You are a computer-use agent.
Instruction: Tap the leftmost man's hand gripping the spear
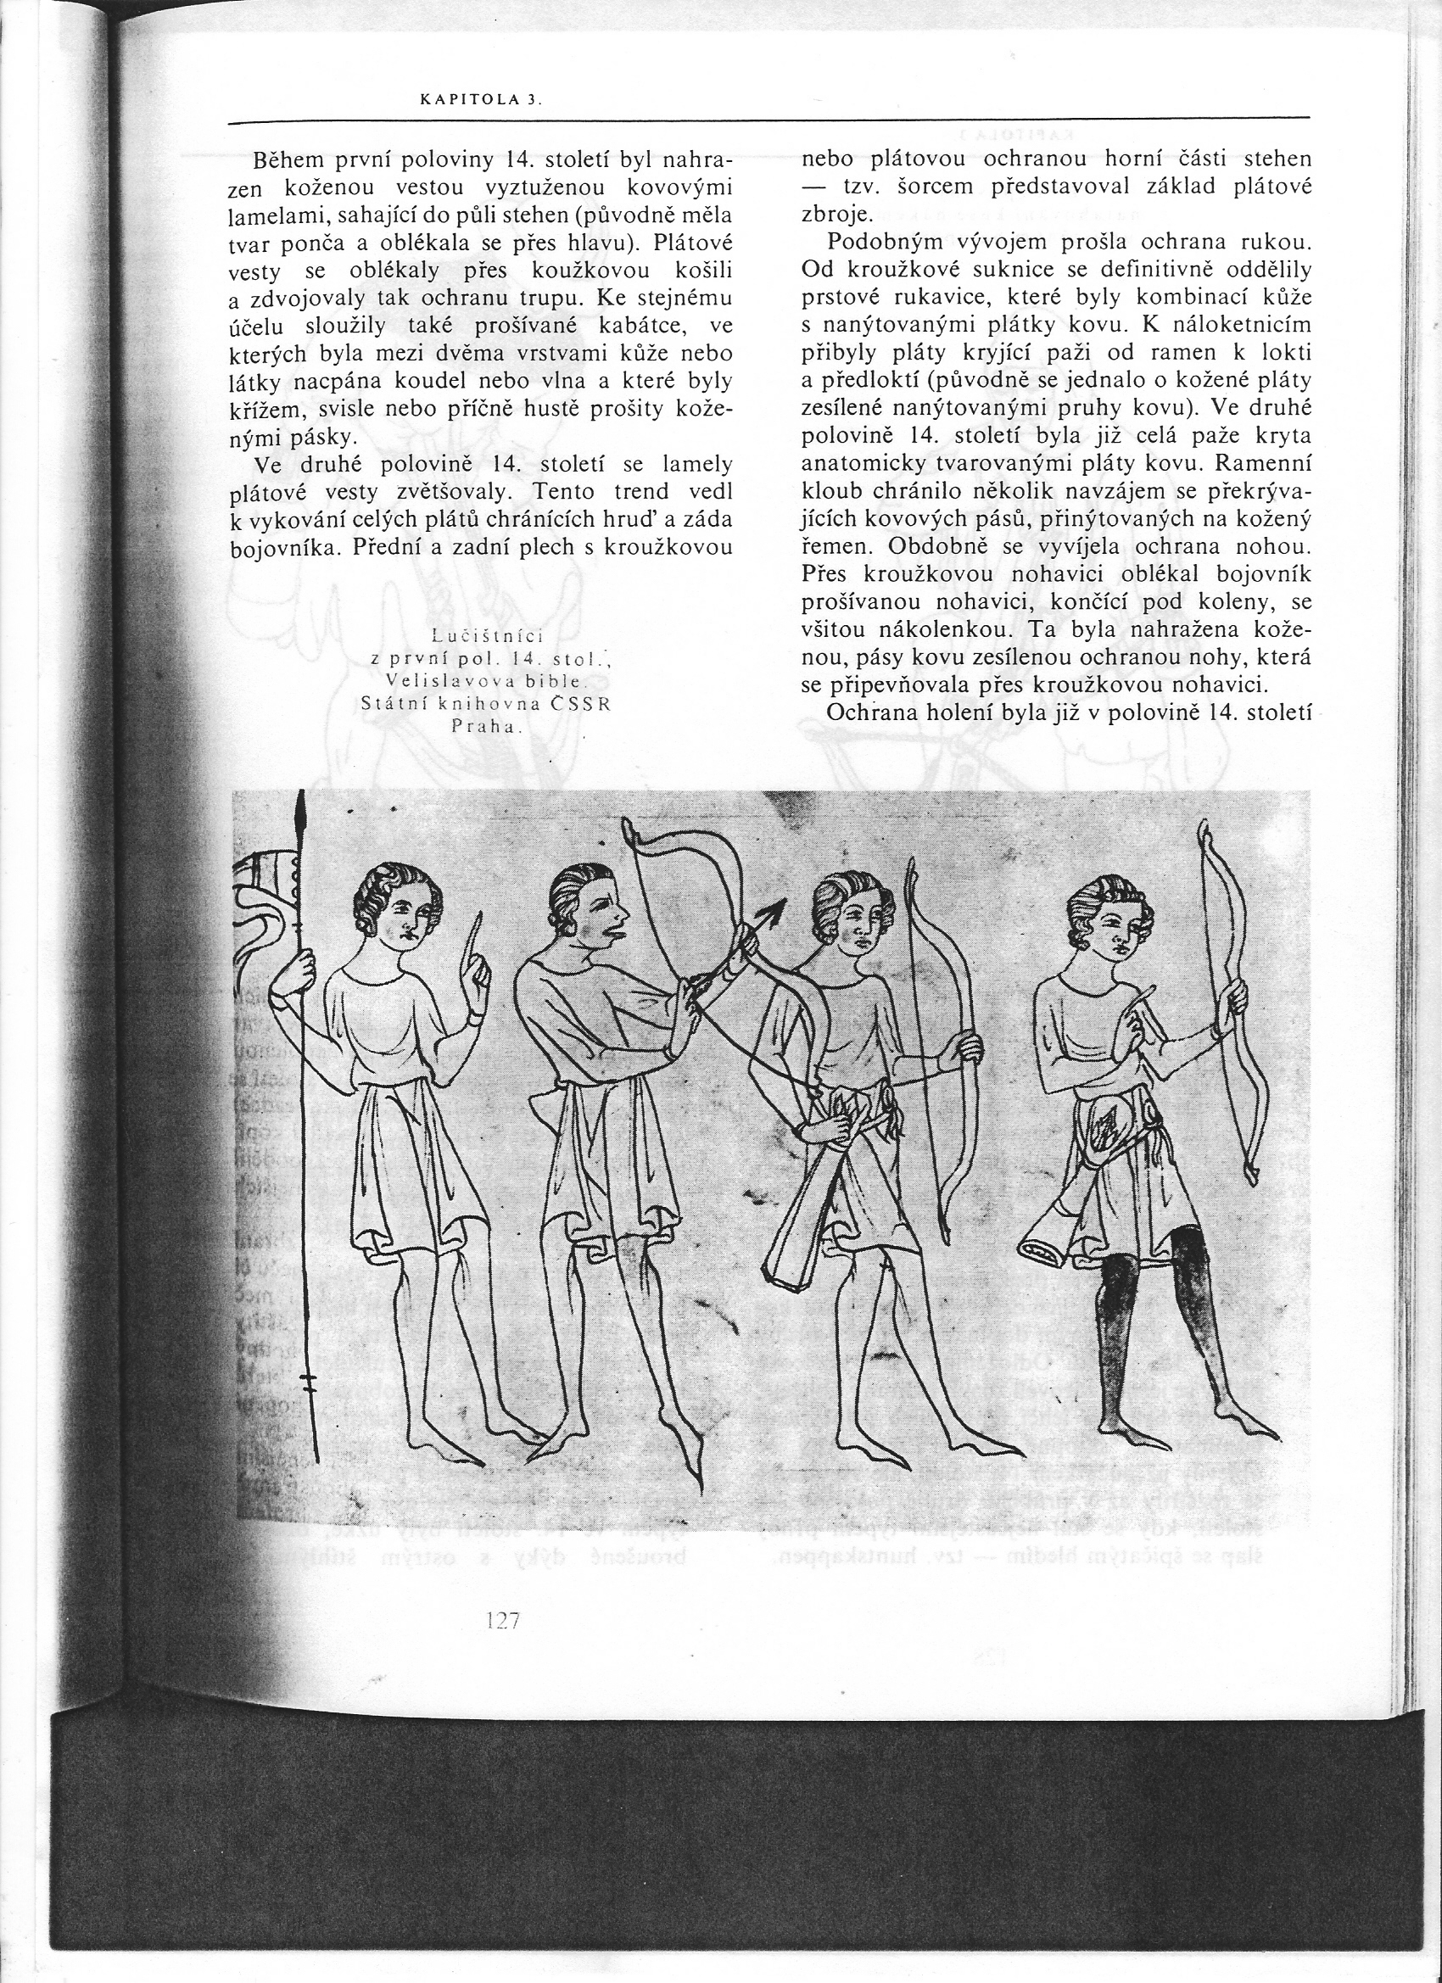[303, 969]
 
